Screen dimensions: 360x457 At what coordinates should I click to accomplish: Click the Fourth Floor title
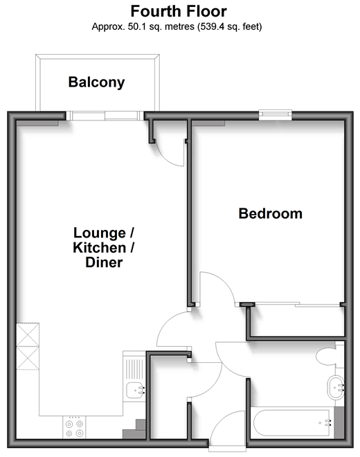click(179, 12)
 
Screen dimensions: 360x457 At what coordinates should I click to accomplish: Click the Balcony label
click(96, 82)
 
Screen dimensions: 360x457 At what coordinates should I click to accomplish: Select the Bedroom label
click(271, 214)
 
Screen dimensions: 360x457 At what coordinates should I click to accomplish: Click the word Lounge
click(100, 233)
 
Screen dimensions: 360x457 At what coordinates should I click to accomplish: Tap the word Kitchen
click(100, 248)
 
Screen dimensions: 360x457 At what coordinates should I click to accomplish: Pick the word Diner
click(104, 262)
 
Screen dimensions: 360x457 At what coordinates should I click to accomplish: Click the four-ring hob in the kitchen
click(74, 427)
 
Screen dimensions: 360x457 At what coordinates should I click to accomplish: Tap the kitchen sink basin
click(135, 390)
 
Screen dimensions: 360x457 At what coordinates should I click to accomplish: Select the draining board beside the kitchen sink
click(134, 369)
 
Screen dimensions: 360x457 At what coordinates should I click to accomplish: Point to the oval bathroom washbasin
click(336, 388)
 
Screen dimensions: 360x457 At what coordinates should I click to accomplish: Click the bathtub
click(292, 423)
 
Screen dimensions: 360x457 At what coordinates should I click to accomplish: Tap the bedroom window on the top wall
click(275, 115)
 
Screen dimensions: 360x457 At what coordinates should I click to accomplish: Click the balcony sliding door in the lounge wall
click(105, 116)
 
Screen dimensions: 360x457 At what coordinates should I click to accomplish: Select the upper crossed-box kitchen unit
click(28, 334)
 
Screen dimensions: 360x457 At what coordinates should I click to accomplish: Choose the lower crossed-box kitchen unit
click(28, 358)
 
